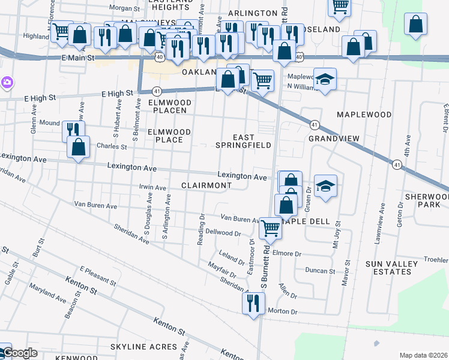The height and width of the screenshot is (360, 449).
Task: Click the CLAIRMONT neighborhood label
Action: pyautogui.click(x=206, y=186)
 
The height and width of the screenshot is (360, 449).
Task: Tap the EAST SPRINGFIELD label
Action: pyautogui.click(x=244, y=141)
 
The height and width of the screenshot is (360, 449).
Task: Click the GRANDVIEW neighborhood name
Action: pyautogui.click(x=334, y=139)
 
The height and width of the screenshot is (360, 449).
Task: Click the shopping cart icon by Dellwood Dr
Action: pyautogui.click(x=271, y=228)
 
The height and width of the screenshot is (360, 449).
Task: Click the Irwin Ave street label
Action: pyautogui.click(x=152, y=188)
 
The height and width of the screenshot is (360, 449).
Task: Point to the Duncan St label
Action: pyautogui.click(x=319, y=271)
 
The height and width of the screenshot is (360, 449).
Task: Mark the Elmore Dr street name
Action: pyautogui.click(x=286, y=253)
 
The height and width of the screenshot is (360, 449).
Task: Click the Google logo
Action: pyautogui.click(x=19, y=353)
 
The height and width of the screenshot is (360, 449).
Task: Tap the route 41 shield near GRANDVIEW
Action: pyautogui.click(x=314, y=124)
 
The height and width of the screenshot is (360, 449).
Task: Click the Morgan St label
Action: pyautogui.click(x=124, y=8)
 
